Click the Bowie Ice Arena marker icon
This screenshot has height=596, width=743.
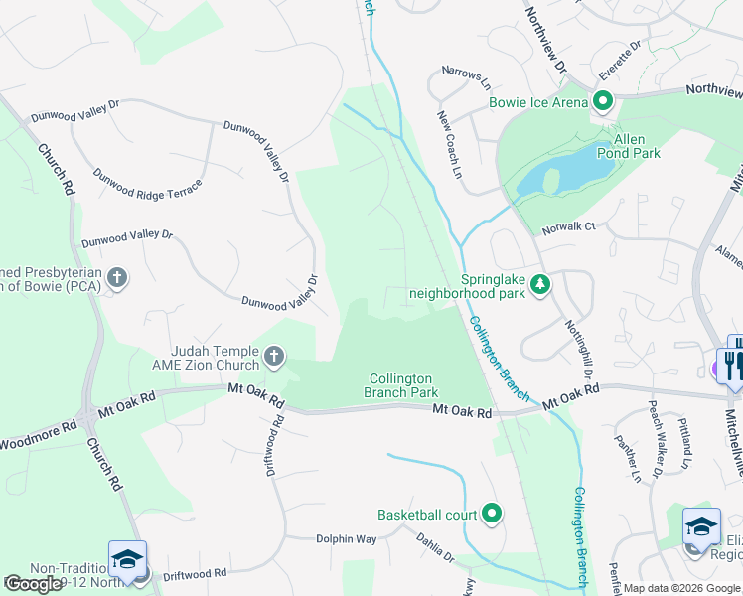pos(603,100)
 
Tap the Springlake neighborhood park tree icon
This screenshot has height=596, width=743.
pos(540,286)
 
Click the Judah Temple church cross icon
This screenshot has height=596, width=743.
pos(274,356)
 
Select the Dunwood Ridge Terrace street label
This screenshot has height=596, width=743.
pos(147,188)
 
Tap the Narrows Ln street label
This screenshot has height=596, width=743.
pos(467,76)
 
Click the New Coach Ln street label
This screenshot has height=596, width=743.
pos(450,145)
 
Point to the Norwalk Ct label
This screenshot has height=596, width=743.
pos(568,226)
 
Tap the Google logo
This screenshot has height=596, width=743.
pos(33,584)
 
